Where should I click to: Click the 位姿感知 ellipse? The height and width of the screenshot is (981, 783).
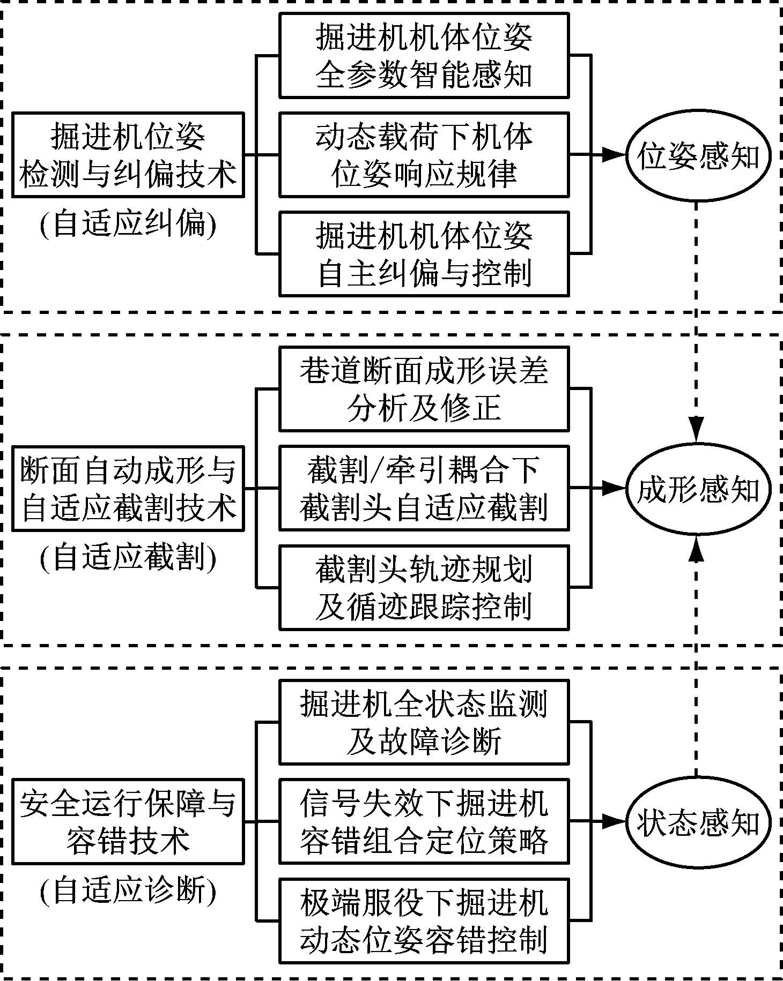(698, 155)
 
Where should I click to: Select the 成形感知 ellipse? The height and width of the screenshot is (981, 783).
(698, 489)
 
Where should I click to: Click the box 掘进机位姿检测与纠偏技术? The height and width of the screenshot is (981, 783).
(128, 155)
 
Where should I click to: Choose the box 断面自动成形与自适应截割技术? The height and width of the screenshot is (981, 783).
(128, 488)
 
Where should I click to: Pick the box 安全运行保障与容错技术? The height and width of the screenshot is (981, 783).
(128, 821)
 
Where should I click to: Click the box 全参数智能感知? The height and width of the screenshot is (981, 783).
(424, 56)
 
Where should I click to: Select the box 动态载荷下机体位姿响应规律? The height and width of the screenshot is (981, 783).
(424, 155)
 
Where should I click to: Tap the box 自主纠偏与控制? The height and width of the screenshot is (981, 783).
(424, 254)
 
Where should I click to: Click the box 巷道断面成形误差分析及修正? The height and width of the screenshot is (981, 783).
(424, 389)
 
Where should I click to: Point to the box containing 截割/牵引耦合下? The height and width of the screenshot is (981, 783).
(424, 488)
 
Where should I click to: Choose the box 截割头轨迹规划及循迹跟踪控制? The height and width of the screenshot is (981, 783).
(424, 587)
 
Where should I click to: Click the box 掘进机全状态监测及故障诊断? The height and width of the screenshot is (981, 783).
(424, 722)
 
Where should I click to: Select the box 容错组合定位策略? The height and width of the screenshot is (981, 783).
(424, 821)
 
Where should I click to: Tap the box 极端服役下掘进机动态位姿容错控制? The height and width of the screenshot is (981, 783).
(424, 920)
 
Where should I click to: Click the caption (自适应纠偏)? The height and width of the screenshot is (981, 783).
(128, 224)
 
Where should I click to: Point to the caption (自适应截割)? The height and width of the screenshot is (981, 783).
(128, 557)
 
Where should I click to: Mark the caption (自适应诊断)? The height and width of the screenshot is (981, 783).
(128, 890)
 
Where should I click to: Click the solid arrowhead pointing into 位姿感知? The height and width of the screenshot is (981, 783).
(613, 155)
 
